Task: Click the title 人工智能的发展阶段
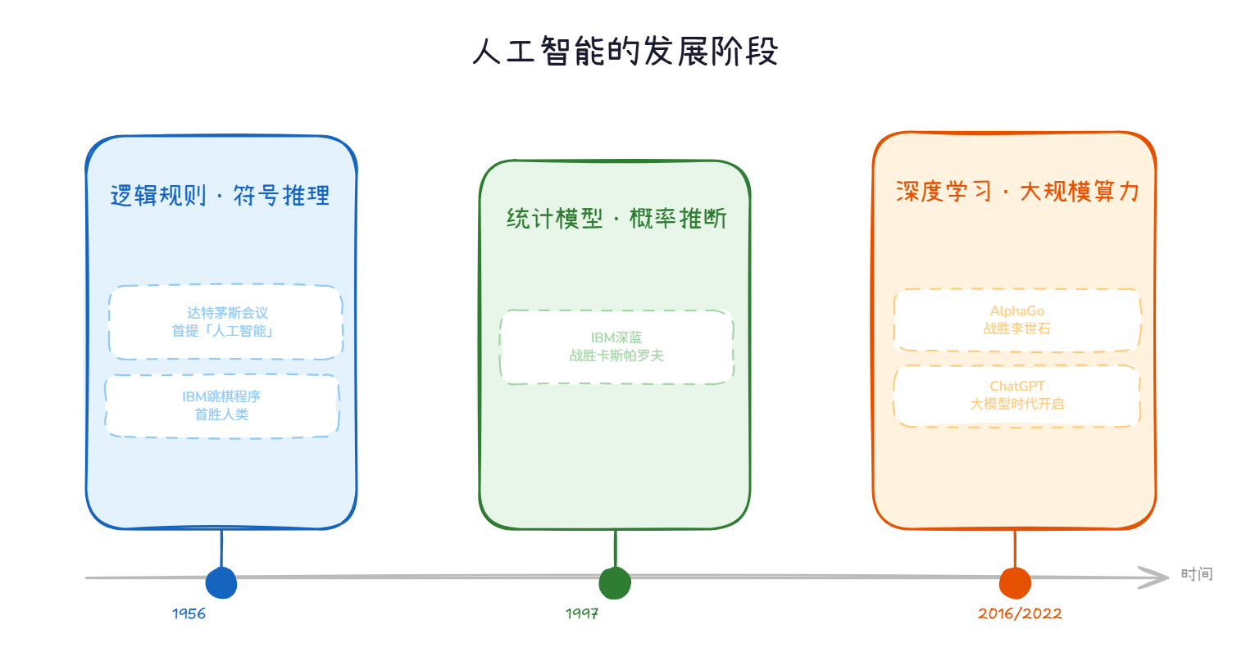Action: [x=625, y=52]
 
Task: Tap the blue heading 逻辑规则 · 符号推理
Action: [x=220, y=196]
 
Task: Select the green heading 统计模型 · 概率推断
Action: [x=616, y=219]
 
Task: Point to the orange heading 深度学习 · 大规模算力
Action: [x=1017, y=192]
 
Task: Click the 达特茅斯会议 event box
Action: [x=225, y=322]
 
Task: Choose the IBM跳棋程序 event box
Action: [x=221, y=405]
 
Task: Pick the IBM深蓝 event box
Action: [x=616, y=346]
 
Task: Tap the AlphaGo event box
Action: [x=1016, y=319]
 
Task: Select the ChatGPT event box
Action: [x=1016, y=395]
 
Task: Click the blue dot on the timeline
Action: [x=221, y=583]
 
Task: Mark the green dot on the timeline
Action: [x=615, y=583]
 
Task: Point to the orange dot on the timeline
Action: [x=1015, y=583]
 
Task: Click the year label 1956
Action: [x=189, y=613]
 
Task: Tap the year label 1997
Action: [x=582, y=613]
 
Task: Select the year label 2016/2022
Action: [x=1020, y=613]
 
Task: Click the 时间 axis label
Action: [x=1196, y=574]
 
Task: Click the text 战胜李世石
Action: [x=1016, y=328]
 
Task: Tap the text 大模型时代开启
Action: [x=1016, y=404]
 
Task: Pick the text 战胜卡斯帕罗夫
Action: [x=616, y=355]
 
